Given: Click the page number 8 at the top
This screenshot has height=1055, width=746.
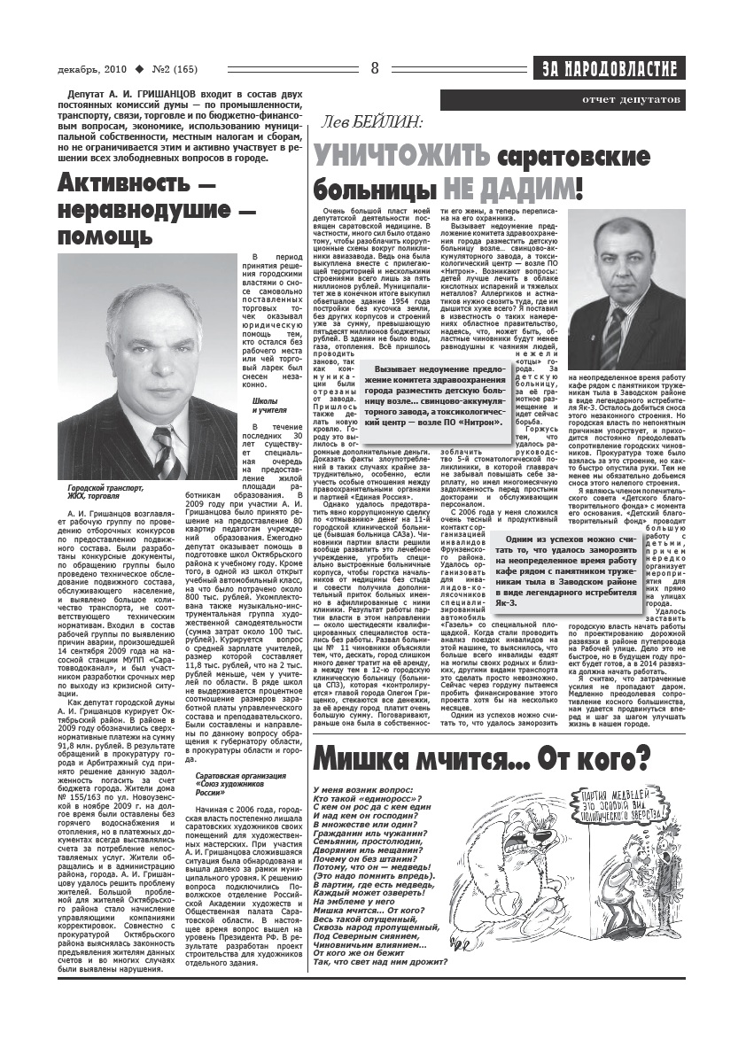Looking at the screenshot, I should tap(375, 68).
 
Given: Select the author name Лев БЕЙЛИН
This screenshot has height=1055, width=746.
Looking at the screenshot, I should tap(372, 124).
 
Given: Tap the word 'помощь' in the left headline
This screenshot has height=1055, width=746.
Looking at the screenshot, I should tap(105, 237).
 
